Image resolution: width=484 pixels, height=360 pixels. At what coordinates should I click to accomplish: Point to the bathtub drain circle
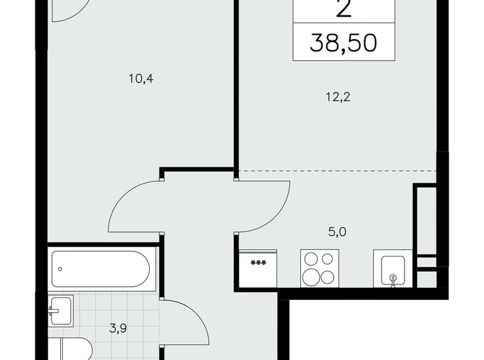(x=61, y=268)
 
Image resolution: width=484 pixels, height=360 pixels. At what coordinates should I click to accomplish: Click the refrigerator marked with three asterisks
(x=258, y=268)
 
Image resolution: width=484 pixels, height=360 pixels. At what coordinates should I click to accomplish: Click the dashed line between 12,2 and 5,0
(x=335, y=169)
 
